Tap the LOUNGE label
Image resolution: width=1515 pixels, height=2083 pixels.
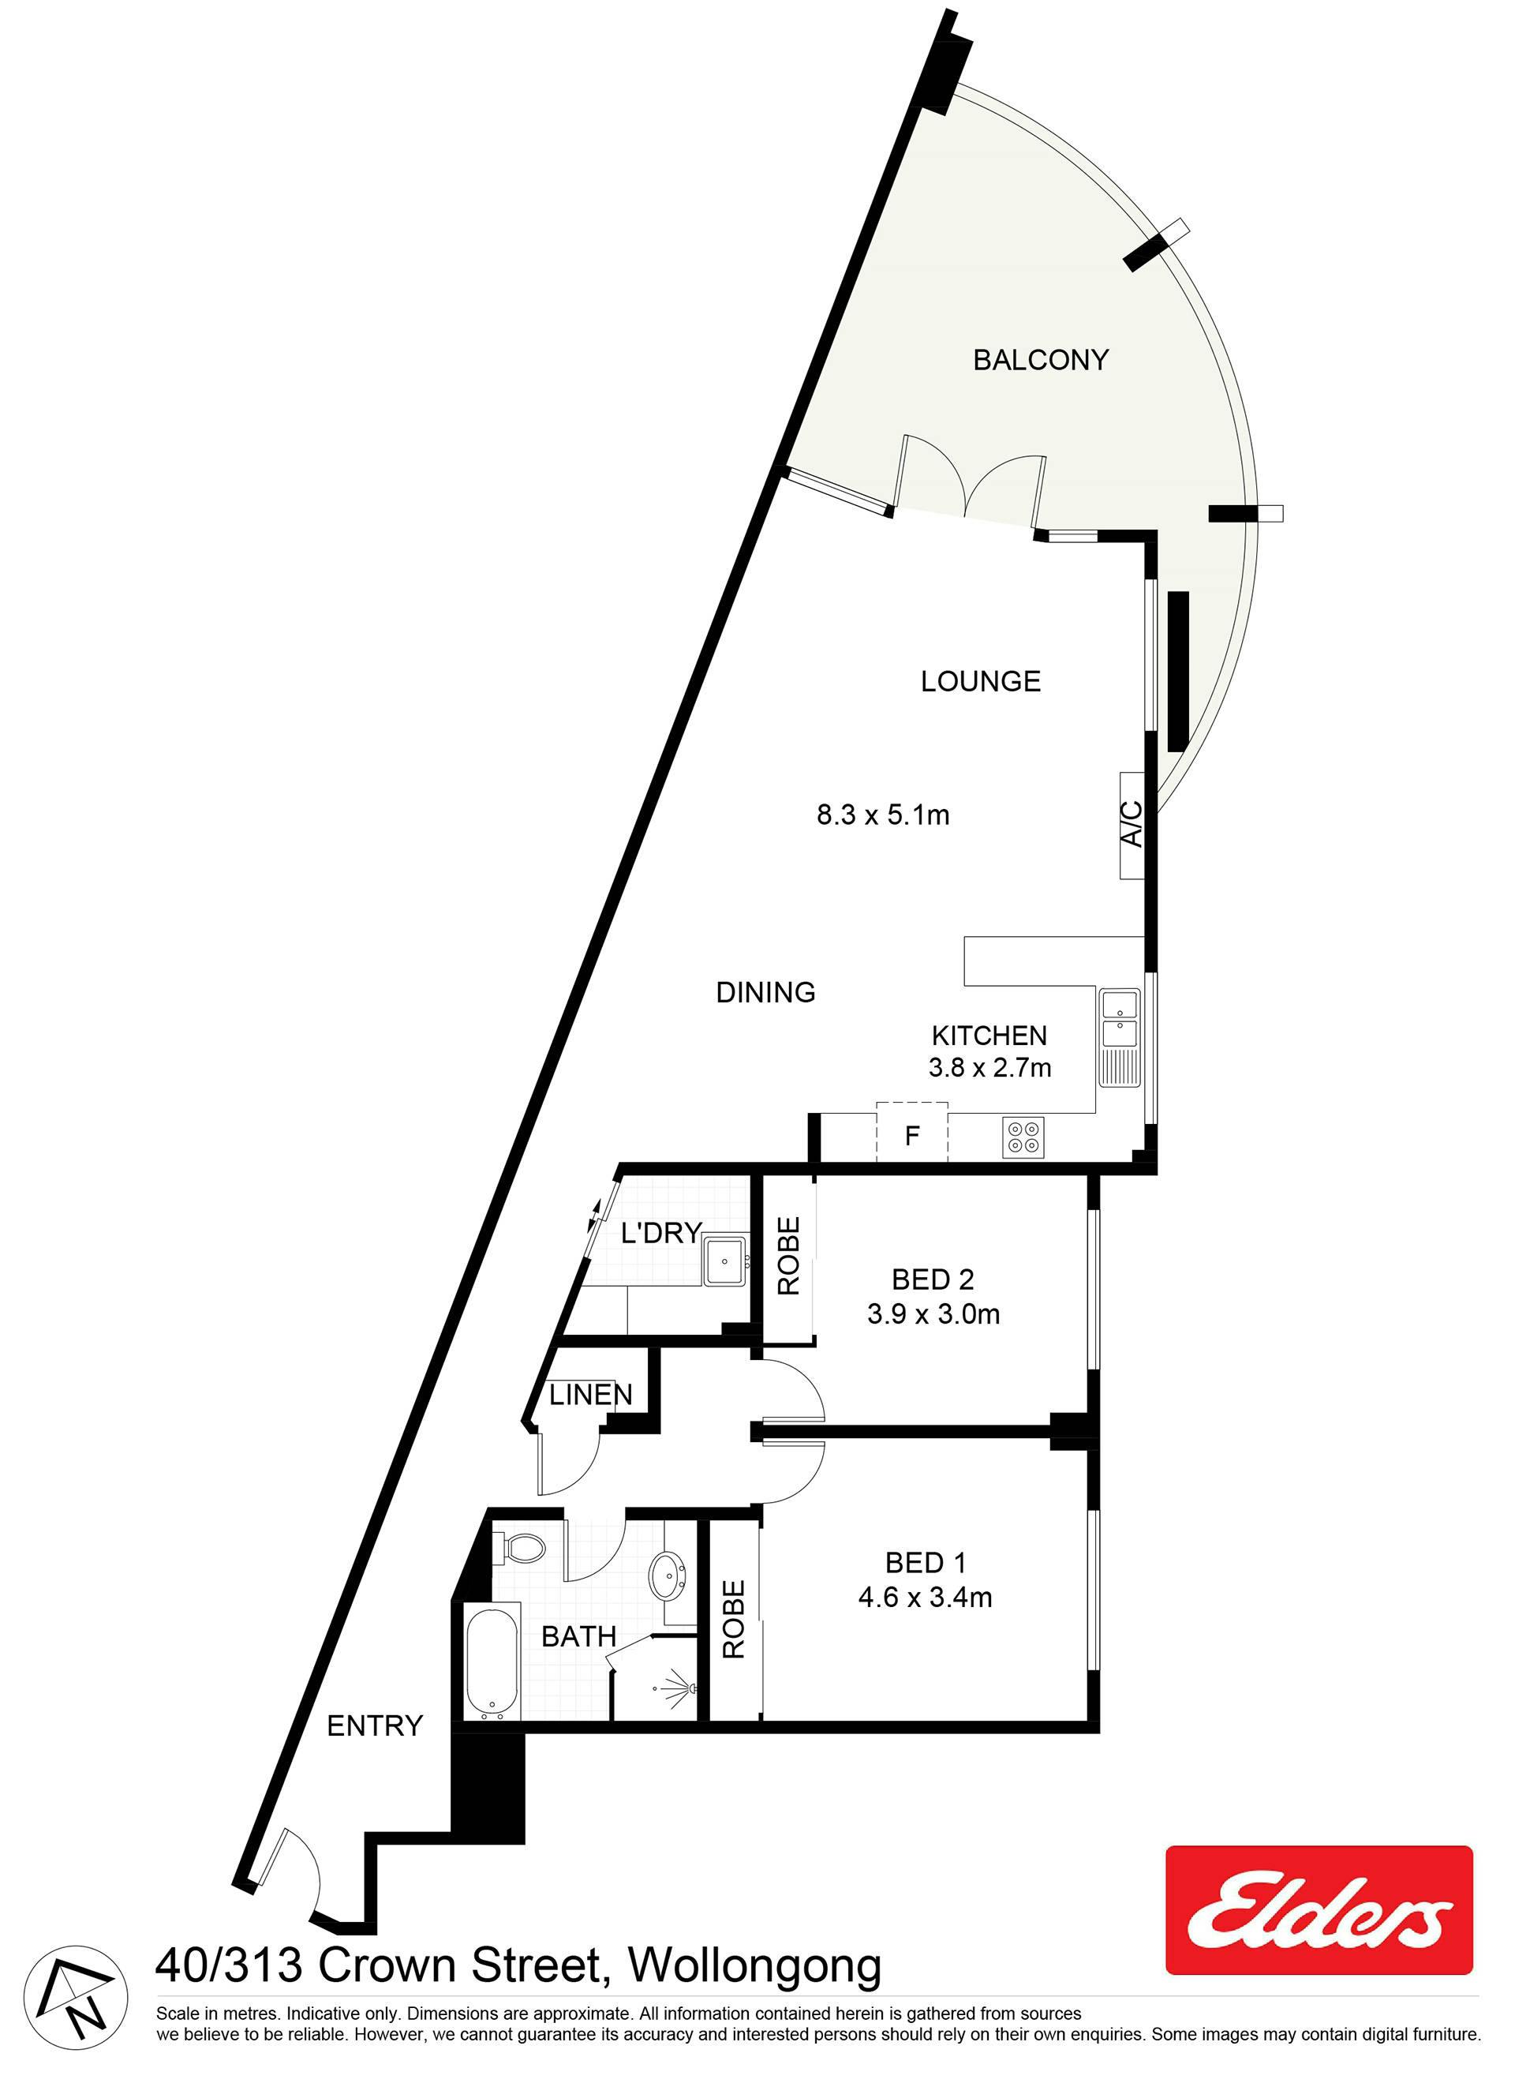pyautogui.click(x=981, y=680)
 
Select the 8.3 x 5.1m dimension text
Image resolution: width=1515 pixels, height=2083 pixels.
pyautogui.click(x=883, y=815)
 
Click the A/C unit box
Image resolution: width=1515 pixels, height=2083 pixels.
pyautogui.click(x=1132, y=825)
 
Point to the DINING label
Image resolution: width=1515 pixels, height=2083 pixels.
pyautogui.click(x=765, y=992)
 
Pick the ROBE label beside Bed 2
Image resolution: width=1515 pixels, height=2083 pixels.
pyautogui.click(x=789, y=1256)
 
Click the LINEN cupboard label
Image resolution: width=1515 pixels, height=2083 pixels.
pyautogui.click(x=591, y=1395)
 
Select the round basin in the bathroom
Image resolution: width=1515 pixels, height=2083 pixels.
pyautogui.click(x=667, y=1576)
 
